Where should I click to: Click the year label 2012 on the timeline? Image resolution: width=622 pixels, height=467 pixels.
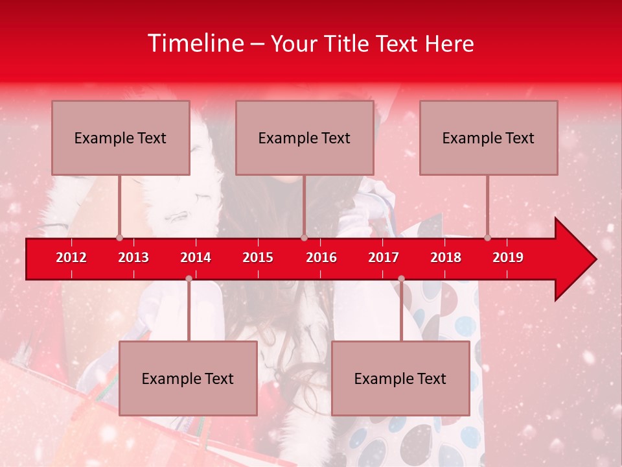click(x=71, y=257)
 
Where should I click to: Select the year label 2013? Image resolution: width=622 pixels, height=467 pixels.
click(x=133, y=257)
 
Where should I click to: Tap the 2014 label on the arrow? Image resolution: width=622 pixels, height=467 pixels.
click(x=196, y=257)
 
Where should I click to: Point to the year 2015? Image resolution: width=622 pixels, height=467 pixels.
click(x=258, y=257)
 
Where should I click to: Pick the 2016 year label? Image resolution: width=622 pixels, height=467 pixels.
click(x=321, y=257)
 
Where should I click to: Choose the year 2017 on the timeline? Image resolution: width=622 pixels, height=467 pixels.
click(x=384, y=257)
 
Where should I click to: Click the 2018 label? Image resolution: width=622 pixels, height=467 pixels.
click(x=446, y=257)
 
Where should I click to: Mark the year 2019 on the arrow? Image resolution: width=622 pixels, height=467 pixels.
click(x=508, y=257)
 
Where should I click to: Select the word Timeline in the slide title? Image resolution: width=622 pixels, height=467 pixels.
click(x=195, y=43)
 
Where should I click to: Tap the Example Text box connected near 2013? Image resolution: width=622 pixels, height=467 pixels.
click(x=121, y=138)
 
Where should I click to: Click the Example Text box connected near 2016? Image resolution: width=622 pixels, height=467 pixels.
click(x=305, y=138)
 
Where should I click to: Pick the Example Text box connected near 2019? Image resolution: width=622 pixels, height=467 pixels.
click(x=489, y=138)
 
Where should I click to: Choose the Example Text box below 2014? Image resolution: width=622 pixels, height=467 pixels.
click(x=188, y=378)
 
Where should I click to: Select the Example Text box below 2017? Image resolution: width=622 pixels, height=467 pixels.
click(x=400, y=378)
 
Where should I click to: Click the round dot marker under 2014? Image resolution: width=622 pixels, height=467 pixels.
click(x=189, y=278)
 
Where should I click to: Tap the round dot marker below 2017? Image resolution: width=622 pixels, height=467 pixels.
click(x=401, y=278)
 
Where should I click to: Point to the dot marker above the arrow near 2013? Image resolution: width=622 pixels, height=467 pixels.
click(x=119, y=237)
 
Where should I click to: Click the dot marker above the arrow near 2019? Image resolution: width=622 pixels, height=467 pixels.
click(x=487, y=237)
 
